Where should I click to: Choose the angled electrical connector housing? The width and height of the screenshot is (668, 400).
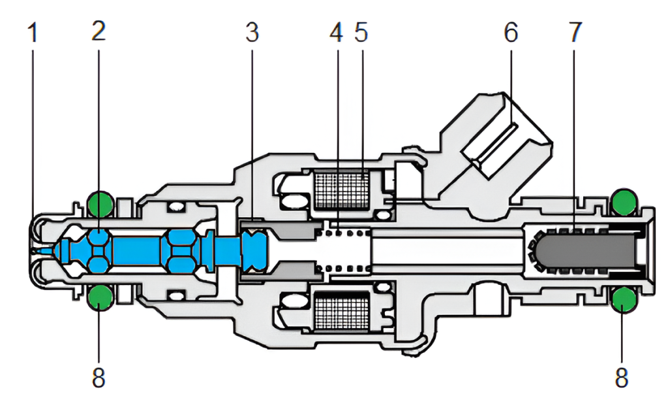click(502, 144)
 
